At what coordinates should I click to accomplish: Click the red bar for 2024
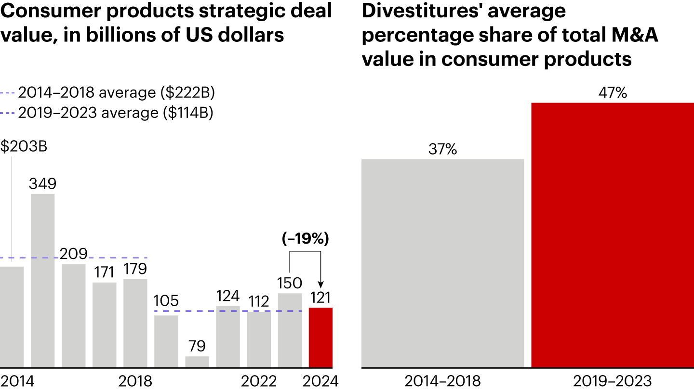320,338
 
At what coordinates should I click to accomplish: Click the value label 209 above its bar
74,254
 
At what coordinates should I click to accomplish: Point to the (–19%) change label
305,240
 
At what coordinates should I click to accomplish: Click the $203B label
24,146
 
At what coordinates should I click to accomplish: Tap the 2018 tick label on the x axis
135,381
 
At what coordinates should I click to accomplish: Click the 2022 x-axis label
259,381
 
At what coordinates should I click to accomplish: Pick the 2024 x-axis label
320,381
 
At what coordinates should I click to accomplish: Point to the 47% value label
612,93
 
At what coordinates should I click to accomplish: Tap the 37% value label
442,150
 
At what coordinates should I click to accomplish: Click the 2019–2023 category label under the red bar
612,381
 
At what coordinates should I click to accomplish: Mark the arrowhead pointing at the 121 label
320,285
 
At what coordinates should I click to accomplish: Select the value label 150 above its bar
290,283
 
